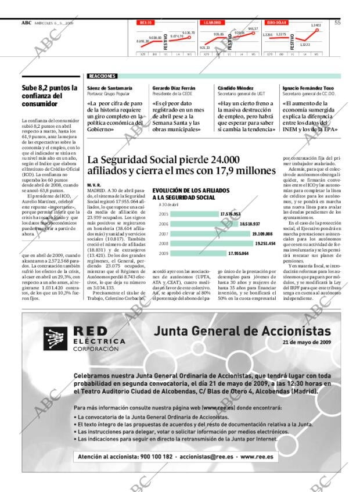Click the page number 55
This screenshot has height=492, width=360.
pyautogui.click(x=337, y=23)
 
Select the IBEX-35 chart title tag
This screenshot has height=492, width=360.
pyautogui.click(x=146, y=23)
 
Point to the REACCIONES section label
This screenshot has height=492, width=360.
pyautogui.click(x=102, y=76)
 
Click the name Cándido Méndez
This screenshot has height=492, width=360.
pyautogui.click(x=233, y=88)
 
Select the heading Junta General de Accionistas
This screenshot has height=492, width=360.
pyautogui.click(x=243, y=331)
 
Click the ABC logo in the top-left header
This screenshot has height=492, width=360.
pyautogui.click(x=26, y=23)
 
